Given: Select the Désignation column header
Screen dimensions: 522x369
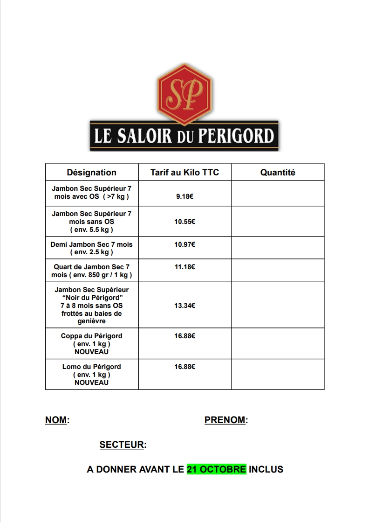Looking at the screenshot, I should click(x=92, y=173).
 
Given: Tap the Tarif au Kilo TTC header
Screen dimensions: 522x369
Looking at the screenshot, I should click(x=184, y=173).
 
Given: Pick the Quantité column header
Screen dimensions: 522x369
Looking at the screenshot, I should click(x=278, y=173).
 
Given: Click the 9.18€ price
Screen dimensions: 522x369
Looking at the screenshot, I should click(x=184, y=197).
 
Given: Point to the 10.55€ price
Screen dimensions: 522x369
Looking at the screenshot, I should click(x=184, y=222).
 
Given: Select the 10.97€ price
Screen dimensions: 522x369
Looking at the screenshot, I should click(x=184, y=244).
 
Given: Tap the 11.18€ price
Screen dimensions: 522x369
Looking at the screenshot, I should click(x=184, y=267).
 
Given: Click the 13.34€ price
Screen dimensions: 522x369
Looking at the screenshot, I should click(x=184, y=306).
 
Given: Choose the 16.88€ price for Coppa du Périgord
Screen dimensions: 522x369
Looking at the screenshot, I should click(x=184, y=336).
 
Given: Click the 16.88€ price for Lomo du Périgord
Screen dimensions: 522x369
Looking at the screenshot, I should click(x=184, y=367).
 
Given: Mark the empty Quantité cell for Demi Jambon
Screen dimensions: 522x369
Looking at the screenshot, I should click(x=278, y=248).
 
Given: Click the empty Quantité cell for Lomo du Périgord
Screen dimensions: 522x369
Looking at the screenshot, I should click(x=278, y=374).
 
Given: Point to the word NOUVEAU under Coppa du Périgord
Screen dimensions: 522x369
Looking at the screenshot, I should click(x=92, y=352).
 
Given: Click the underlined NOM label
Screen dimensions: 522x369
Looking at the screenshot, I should click(x=56, y=420).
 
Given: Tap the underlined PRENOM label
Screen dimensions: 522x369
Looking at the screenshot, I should click(x=225, y=420).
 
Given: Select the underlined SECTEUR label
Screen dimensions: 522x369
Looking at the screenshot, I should click(x=122, y=445).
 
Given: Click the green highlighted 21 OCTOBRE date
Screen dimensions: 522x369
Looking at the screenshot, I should click(x=216, y=469).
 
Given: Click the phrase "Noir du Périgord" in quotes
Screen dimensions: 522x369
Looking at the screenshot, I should click(x=92, y=298).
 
